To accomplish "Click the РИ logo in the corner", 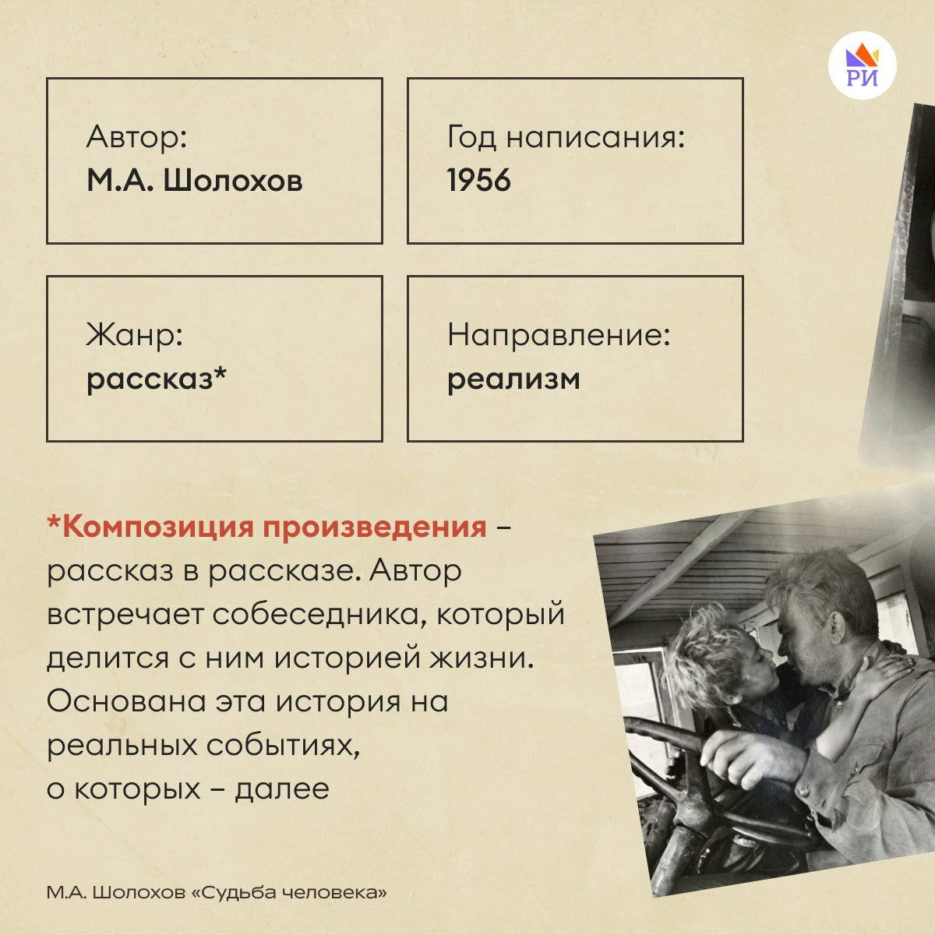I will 863,65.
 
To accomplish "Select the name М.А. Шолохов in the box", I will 194,181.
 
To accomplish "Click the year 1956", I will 478,181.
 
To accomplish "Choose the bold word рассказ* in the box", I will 157,379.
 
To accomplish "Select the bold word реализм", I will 513,379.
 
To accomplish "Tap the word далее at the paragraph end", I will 282,789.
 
